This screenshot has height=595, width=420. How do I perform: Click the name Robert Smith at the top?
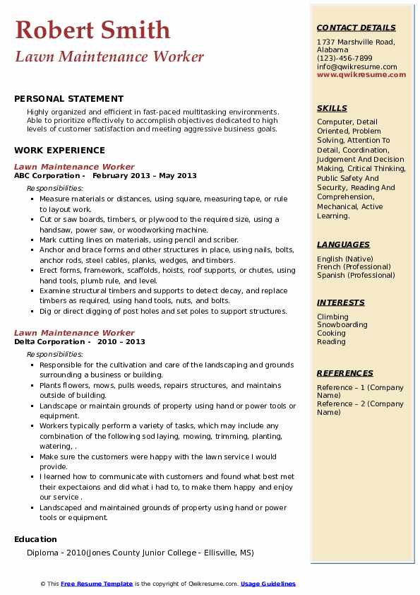click(92, 30)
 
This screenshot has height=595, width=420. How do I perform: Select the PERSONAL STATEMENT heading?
click(68, 99)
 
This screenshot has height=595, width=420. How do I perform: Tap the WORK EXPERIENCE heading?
click(59, 150)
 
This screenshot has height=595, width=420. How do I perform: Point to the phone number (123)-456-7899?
click(344, 59)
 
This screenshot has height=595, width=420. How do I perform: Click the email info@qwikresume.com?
click(356, 66)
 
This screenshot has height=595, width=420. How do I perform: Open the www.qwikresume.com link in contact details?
click(356, 74)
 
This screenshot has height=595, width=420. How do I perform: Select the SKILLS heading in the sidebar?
click(332, 108)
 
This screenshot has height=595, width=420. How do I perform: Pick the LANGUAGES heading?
click(343, 245)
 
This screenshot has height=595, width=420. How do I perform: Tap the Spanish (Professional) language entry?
click(356, 276)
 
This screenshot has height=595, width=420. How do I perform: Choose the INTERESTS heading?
click(341, 302)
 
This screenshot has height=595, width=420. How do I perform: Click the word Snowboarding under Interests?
click(342, 325)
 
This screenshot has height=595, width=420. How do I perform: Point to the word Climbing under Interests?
click(332, 317)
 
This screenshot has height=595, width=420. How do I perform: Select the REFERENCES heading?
click(345, 373)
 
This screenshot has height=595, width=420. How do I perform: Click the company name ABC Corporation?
click(47, 176)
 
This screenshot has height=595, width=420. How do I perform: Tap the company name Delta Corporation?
click(49, 341)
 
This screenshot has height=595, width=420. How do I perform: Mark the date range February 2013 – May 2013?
click(145, 176)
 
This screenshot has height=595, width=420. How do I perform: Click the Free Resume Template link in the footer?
click(97, 584)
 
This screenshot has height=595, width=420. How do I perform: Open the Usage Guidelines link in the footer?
click(268, 584)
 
